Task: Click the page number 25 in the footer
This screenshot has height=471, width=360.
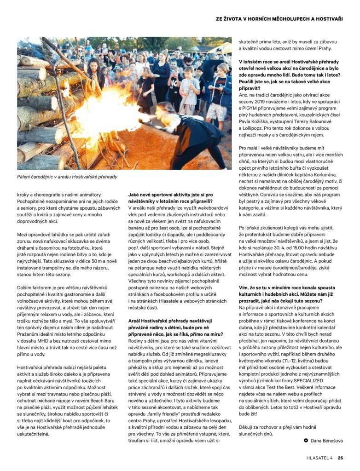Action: point(340,458)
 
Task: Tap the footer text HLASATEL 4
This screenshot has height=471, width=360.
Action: point(319,458)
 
